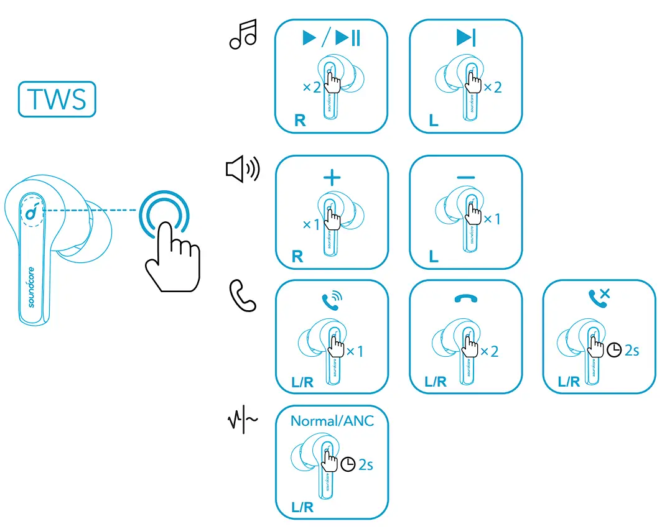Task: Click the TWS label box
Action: (57, 99)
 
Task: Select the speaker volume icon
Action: (242, 168)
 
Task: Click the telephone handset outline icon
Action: (243, 295)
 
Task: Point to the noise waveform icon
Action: (241, 421)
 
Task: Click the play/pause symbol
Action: (331, 39)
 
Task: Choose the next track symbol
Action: (465, 39)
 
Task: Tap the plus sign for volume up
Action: (332, 178)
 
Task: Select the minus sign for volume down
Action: (465, 178)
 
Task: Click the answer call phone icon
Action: (332, 301)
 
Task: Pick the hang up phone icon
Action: (465, 300)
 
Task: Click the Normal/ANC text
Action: (332, 421)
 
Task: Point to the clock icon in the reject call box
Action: (614, 351)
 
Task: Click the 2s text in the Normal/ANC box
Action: (366, 464)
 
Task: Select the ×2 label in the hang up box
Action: (490, 351)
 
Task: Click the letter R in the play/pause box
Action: (300, 121)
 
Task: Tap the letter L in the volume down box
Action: (434, 256)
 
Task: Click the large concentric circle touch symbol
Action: (163, 214)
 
